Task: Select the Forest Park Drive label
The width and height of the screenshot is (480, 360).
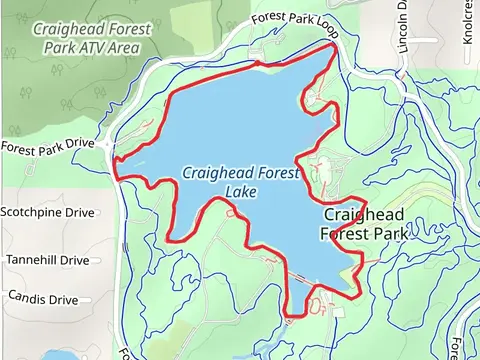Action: (47, 147)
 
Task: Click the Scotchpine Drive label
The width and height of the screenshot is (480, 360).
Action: (47, 213)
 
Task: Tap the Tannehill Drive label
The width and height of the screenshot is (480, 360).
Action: (48, 260)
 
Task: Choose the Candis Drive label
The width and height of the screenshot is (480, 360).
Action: (43, 298)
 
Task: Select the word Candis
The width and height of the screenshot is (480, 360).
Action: (27, 298)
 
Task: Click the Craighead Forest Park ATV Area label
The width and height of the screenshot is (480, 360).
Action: (91, 38)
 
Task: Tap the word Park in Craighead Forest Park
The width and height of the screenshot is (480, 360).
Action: (390, 234)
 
